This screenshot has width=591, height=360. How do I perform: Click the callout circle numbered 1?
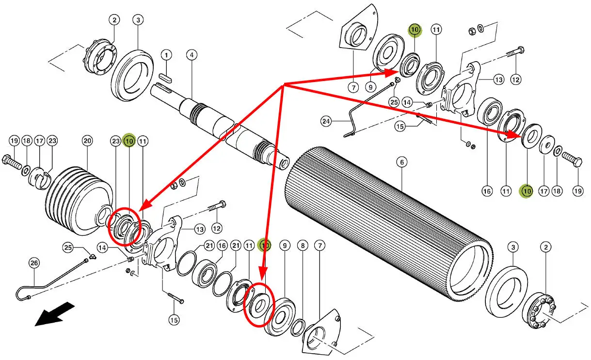point(166,55)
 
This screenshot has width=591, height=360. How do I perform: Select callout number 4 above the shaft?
point(192,55)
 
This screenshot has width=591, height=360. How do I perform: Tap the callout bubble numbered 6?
point(402,162)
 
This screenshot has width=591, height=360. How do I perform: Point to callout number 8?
point(303,246)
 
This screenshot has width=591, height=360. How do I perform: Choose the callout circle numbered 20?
point(87,141)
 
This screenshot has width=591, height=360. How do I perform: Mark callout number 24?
point(326,121)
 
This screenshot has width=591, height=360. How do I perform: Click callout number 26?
point(34,263)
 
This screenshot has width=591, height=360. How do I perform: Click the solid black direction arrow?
point(55,314)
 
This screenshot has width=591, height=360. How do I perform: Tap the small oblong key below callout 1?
point(166,78)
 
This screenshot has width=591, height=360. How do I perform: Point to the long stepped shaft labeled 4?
point(220,125)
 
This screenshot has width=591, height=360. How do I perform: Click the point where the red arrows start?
point(284,84)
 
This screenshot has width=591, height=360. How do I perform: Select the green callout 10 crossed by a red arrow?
point(264,245)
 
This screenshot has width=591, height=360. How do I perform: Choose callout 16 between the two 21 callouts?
point(222,246)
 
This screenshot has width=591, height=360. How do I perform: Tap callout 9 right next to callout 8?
point(285,246)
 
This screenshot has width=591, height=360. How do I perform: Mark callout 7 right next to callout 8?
point(320,246)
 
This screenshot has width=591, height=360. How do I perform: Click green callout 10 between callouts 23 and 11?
point(129,141)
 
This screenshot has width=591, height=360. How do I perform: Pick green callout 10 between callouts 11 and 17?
point(527,191)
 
